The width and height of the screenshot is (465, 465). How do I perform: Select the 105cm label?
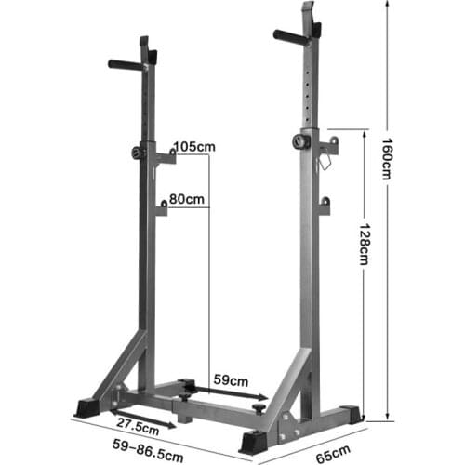(x=193, y=146)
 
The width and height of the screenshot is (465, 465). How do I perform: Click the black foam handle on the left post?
(x=123, y=65)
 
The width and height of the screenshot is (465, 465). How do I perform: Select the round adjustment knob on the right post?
(x=298, y=142)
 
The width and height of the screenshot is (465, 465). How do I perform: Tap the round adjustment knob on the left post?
(x=138, y=153)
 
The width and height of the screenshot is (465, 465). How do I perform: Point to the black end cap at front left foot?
(x=86, y=406)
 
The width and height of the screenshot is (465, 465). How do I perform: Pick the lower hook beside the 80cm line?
(x=160, y=207)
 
